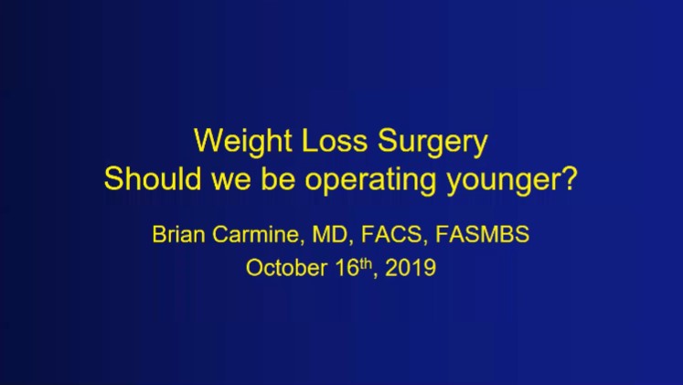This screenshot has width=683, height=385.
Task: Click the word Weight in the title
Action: tap(234, 144)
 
